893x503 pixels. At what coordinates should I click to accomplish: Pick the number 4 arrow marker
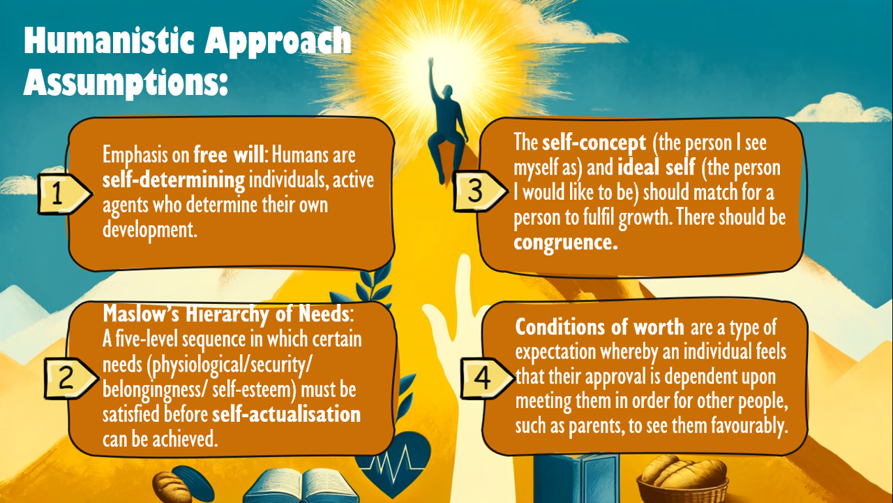(488, 378)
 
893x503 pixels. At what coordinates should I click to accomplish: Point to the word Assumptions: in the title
(126, 82)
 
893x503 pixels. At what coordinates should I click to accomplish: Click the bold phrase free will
(229, 154)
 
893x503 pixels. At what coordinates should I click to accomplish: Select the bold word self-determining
(174, 180)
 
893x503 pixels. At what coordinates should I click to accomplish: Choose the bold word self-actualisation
(286, 414)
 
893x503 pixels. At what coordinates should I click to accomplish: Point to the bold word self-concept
(594, 143)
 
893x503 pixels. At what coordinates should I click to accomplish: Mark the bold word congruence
(566, 242)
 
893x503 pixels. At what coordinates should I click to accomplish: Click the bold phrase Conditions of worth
(599, 327)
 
